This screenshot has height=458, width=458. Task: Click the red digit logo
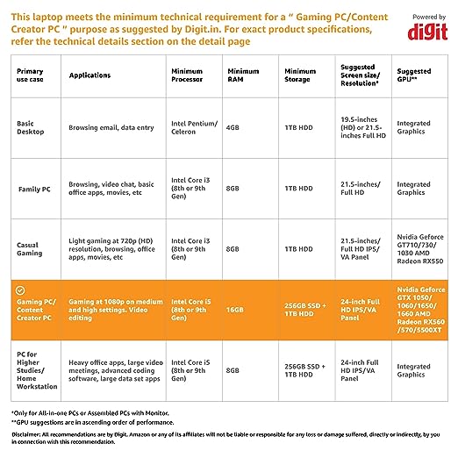tap(427, 32)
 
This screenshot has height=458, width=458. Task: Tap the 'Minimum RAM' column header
tap(243, 75)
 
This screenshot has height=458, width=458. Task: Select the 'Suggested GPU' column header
tap(414, 75)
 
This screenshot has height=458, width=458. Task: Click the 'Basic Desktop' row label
tap(31, 127)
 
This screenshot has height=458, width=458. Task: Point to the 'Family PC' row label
tap(34, 190)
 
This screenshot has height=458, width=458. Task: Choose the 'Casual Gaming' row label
tap(30, 249)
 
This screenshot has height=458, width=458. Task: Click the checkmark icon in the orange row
tap(20, 290)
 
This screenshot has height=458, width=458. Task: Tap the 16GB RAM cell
tap(235, 310)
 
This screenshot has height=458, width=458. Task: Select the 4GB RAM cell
tap(233, 127)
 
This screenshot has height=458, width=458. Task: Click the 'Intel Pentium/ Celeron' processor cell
tap(195, 127)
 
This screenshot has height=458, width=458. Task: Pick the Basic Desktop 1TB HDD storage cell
tap(299, 127)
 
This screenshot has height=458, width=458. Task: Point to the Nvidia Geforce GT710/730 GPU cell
tap(420, 249)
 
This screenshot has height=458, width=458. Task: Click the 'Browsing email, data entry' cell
tap(111, 127)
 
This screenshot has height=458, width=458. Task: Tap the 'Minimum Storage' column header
tap(300, 75)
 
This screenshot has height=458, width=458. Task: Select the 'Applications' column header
tap(89, 75)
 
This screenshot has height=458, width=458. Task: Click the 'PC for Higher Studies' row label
tap(37, 370)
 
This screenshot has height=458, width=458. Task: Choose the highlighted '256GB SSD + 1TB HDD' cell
tap(305, 310)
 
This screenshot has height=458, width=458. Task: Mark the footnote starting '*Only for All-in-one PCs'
tap(90, 413)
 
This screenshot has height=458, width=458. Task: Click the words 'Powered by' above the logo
tap(429, 17)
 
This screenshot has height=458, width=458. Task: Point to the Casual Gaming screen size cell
tap(361, 249)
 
